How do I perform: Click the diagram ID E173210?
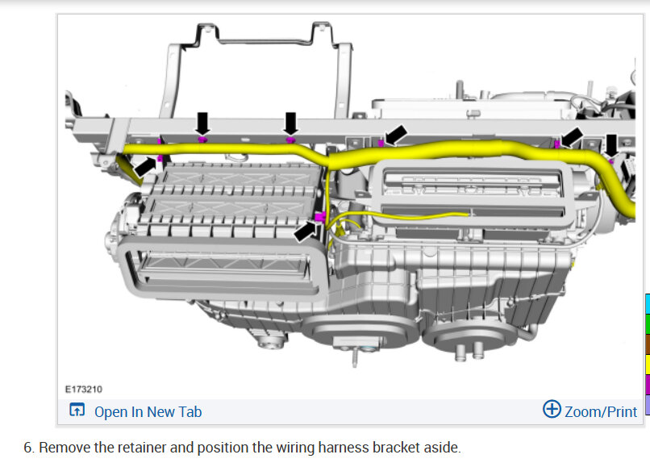click(x=83, y=389)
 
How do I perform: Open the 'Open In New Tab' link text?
click(x=148, y=412)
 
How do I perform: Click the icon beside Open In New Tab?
click(x=77, y=410)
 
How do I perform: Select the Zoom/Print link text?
click(x=601, y=412)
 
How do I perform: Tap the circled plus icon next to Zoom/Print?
click(x=552, y=409)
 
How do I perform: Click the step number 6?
click(x=28, y=448)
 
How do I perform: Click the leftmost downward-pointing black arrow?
click(x=202, y=123)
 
